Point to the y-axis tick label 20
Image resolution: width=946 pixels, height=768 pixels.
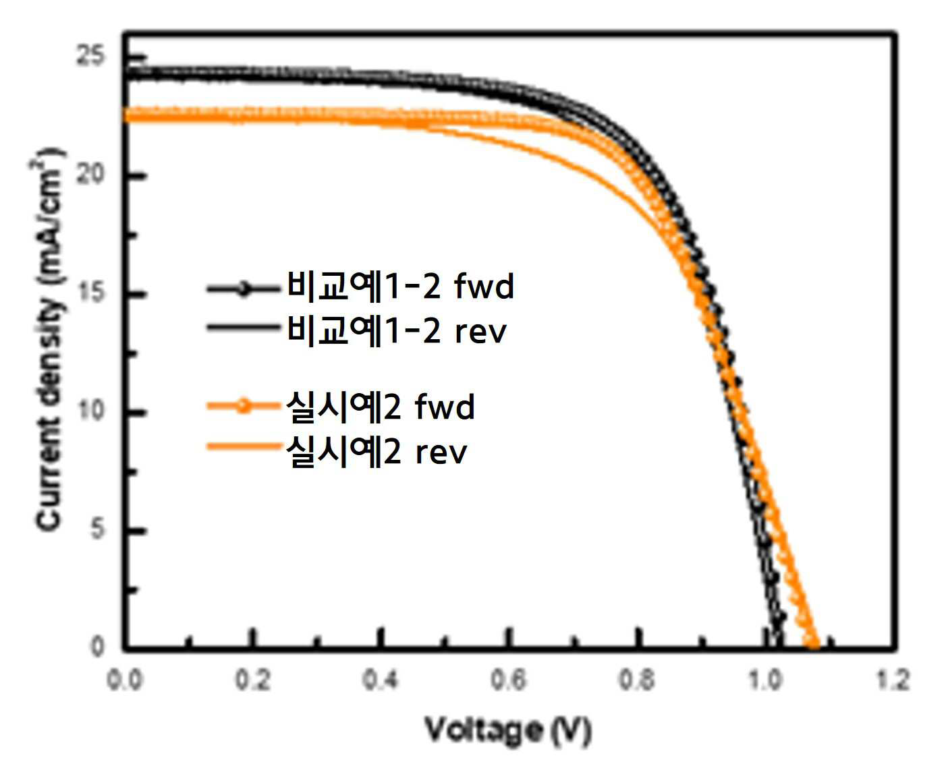90,174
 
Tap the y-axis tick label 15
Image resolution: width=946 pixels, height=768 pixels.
91,293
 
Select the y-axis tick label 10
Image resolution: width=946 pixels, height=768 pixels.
91,411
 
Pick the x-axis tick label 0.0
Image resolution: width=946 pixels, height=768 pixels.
125,680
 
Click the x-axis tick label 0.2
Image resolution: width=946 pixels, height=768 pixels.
253,680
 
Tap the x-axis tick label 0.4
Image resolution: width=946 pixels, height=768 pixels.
381,680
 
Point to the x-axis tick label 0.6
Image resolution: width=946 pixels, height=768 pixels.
509,680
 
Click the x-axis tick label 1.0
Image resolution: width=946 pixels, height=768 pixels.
764,680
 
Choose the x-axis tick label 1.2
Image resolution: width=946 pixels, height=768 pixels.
893,680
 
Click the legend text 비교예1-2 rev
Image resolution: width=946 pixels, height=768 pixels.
397,330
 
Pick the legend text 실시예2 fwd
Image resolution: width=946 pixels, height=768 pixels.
381,407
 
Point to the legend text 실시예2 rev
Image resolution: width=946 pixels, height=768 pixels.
377,452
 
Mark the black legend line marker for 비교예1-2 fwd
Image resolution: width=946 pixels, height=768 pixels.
244,289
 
